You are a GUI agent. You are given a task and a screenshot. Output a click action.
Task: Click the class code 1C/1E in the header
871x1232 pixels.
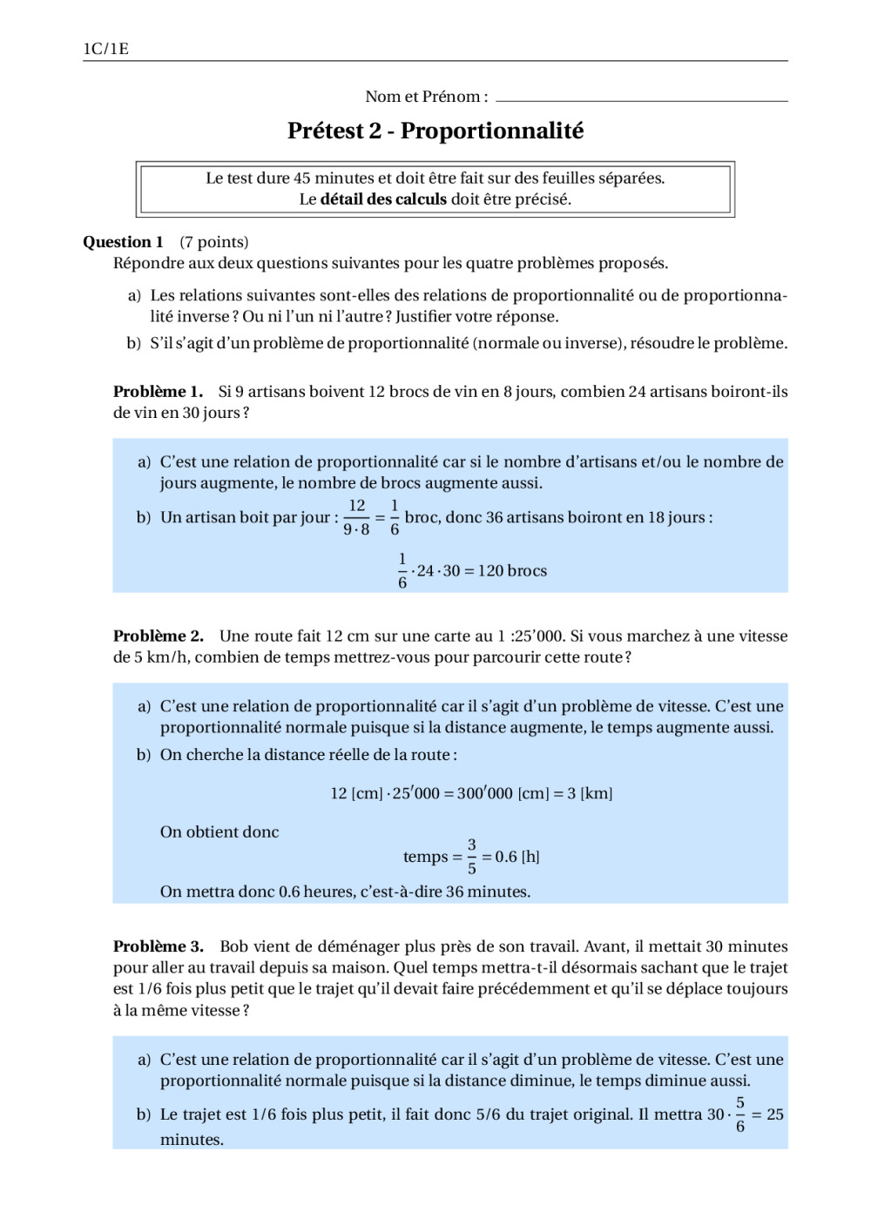tap(105, 49)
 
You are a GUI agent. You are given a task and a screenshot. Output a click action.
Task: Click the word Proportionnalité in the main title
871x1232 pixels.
tap(492, 131)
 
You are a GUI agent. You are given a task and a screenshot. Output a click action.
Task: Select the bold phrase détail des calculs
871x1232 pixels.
tap(383, 199)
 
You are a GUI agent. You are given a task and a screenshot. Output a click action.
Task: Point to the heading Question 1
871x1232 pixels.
tap(123, 242)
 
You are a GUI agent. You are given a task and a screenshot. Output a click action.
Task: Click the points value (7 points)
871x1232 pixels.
tap(214, 242)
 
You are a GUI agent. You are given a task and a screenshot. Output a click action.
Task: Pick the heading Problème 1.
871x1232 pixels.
tap(158, 392)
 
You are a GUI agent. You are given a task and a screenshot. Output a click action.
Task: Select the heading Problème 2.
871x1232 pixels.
tap(158, 636)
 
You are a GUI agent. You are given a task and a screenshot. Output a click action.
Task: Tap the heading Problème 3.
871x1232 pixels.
tap(158, 946)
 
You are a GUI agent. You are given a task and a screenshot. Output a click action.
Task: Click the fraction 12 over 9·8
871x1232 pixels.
tap(356, 517)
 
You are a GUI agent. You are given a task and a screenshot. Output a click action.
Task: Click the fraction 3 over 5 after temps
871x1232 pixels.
tap(472, 857)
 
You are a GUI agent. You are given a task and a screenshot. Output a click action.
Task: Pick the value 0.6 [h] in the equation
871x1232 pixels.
tap(517, 857)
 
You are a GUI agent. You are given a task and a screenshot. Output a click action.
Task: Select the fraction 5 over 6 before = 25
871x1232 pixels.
tap(740, 1114)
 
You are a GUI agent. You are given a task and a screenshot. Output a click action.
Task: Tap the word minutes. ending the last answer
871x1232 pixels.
tap(192, 1140)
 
